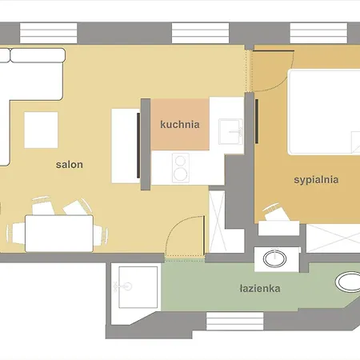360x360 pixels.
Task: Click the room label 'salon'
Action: pyautogui.click(x=70, y=165)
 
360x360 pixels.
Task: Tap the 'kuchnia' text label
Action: pyautogui.click(x=179, y=125)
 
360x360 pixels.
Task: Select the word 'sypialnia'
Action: pyautogui.click(x=315, y=180)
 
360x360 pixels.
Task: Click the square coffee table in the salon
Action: pyautogui.click(x=41, y=130)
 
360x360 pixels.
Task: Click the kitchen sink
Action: pyautogui.click(x=230, y=129)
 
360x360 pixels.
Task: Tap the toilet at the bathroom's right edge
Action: pyautogui.click(x=348, y=282)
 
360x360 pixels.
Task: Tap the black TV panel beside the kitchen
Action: pyautogui.click(x=145, y=144)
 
